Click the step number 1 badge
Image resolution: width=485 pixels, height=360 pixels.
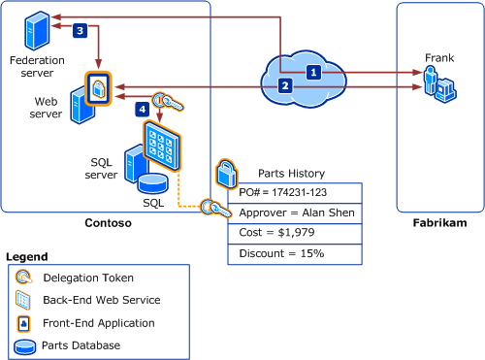(x=312, y=72)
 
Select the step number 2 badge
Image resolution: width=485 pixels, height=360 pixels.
(x=284, y=86)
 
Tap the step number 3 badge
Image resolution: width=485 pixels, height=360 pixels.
(x=80, y=30)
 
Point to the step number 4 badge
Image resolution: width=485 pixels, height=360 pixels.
(x=143, y=111)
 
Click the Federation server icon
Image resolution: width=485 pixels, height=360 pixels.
(x=34, y=30)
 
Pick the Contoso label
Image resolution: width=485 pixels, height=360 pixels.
(x=107, y=223)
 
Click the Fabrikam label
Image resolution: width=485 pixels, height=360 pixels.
(x=439, y=223)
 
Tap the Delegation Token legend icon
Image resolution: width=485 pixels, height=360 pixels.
(x=23, y=278)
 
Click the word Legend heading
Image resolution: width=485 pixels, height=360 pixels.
(x=26, y=256)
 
